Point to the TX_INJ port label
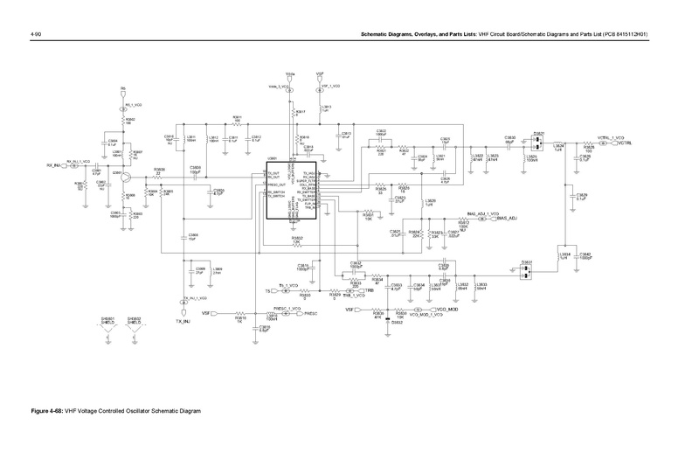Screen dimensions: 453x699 (183, 320)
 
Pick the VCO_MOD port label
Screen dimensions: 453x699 (447, 310)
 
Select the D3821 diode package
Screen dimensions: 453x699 (539, 141)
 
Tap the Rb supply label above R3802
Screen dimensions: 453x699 (123, 89)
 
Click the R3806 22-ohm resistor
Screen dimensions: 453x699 (158, 176)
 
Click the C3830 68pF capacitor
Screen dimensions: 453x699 (509, 140)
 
